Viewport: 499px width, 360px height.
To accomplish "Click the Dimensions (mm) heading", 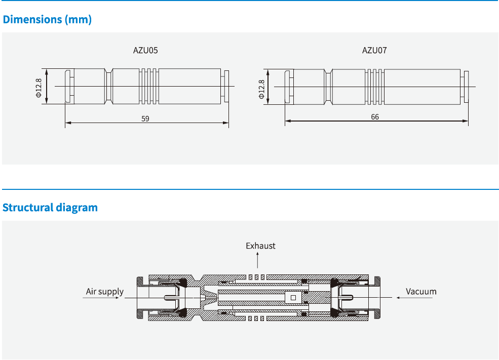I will coord(47,20).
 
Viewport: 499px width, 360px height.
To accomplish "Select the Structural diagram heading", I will coord(50,208).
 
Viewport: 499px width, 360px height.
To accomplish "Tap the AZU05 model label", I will coord(146,50).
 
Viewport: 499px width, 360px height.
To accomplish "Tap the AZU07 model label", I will coord(375,50).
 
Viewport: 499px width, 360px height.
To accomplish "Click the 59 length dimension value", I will coord(146,118).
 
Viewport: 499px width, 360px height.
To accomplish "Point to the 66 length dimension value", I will coord(375,117).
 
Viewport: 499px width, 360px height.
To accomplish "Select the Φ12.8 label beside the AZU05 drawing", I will coord(39,88).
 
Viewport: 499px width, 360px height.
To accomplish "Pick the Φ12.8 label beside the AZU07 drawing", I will coord(261,89).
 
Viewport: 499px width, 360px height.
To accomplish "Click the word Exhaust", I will coord(260,246).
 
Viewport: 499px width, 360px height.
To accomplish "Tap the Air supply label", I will coord(104,292).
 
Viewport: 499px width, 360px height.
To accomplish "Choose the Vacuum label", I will coord(421,292).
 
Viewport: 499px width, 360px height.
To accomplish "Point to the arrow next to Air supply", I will coord(103,298).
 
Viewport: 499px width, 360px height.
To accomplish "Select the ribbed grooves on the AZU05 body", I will coord(149,87).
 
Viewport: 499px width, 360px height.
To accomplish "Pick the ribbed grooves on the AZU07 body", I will coord(374,87).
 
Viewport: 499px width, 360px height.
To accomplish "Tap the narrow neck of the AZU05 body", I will coord(109,87).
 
